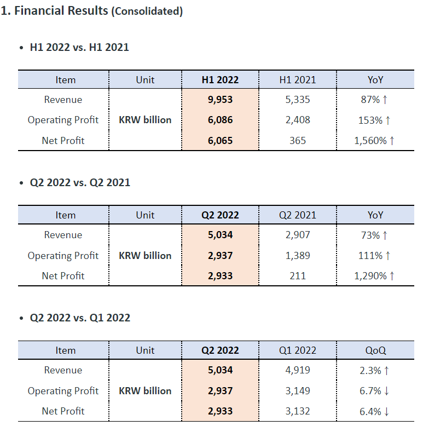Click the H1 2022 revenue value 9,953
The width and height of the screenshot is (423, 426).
(220, 100)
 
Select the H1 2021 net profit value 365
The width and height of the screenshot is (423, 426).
(298, 141)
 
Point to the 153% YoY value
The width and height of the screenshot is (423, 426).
(371, 120)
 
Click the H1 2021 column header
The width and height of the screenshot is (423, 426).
(298, 79)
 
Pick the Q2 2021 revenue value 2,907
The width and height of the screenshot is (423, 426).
(298, 235)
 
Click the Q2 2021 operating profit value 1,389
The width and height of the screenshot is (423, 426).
(298, 256)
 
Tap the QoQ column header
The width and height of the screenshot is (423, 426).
(375, 350)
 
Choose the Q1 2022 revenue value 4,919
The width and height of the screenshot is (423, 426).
(298, 370)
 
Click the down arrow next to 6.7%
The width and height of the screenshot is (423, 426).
(387, 391)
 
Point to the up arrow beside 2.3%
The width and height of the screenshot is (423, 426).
(387, 371)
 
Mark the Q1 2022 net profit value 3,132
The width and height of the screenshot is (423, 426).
(298, 411)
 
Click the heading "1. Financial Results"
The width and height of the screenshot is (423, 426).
(55, 11)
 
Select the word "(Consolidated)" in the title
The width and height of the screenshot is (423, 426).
(147, 11)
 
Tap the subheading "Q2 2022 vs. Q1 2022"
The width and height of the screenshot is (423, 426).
(80, 318)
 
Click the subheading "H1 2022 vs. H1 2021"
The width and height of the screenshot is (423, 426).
(79, 47)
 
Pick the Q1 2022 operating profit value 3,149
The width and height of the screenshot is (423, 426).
(298, 391)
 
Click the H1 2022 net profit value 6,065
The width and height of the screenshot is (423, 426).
(220, 141)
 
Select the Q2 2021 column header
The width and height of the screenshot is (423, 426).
(298, 215)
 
